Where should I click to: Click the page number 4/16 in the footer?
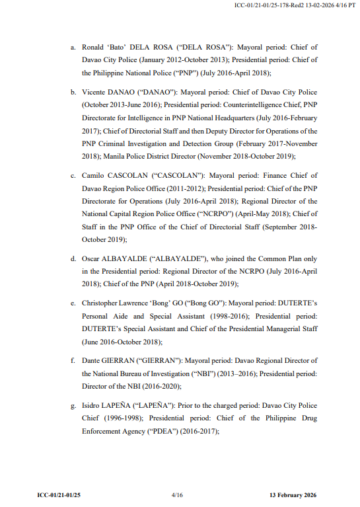(176, 494)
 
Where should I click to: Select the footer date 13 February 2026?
(293, 494)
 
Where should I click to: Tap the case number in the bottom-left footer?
(59, 494)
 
